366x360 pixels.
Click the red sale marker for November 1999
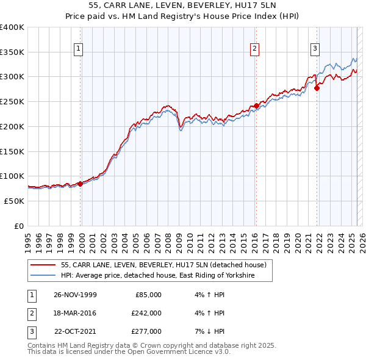point(80,184)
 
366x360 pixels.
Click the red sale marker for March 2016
point(256,106)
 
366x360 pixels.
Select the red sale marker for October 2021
point(317,88)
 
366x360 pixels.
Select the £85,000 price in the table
point(146,294)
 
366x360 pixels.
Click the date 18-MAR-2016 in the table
point(75,313)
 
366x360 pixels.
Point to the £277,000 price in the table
point(146,331)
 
